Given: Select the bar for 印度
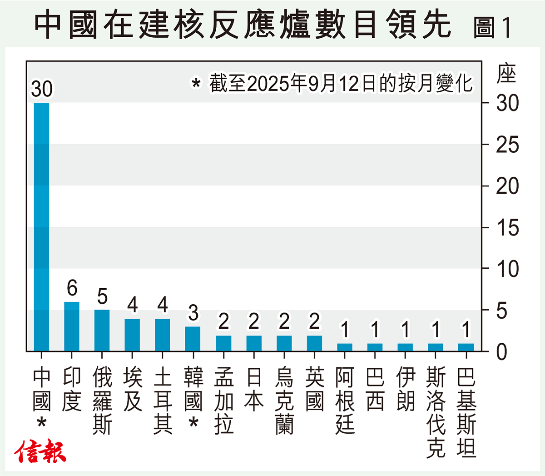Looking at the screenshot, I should pyautogui.click(x=72, y=326).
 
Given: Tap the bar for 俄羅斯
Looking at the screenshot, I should pyautogui.click(x=102, y=331).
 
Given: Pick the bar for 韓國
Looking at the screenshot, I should pyautogui.click(x=193, y=339).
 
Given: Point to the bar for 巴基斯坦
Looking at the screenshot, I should pyautogui.click(x=466, y=347).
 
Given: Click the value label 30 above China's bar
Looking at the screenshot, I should pyautogui.click(x=42, y=89).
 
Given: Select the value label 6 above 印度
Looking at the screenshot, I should pyautogui.click(x=72, y=288).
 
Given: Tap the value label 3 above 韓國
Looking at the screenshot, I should pyautogui.click(x=193, y=313).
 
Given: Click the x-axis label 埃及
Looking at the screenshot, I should pyautogui.click(x=133, y=389).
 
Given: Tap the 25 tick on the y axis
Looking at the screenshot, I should pyautogui.click(x=507, y=145).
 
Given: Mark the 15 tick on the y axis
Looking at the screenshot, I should pyautogui.click(x=507, y=228).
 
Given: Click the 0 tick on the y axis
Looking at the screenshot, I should pyautogui.click(x=501, y=352).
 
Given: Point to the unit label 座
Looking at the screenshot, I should pyautogui.click(x=506, y=74).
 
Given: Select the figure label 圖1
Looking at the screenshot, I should pyautogui.click(x=492, y=27).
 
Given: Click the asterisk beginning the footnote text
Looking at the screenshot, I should pyautogui.click(x=196, y=84).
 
